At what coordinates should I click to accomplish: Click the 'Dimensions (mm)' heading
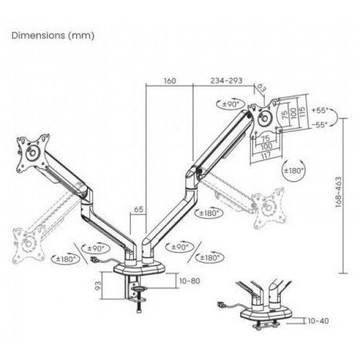(x=53, y=35)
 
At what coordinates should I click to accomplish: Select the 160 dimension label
(x=170, y=81)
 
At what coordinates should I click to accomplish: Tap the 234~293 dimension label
(x=226, y=80)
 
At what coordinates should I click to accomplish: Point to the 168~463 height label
(x=338, y=192)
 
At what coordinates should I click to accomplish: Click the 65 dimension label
(x=139, y=209)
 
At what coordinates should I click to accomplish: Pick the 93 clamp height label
(x=98, y=286)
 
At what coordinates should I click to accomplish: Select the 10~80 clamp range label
(x=190, y=281)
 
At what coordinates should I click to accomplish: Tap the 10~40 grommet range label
(x=318, y=321)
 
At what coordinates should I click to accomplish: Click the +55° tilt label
(x=319, y=110)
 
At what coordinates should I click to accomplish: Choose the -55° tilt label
(x=319, y=125)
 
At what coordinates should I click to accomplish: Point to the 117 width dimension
(x=266, y=155)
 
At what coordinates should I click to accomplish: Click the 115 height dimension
(x=302, y=112)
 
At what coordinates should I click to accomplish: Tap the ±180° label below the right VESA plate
(x=294, y=170)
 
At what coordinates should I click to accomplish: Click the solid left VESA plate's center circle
(x=32, y=152)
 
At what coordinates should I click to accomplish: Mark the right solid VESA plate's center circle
(x=264, y=118)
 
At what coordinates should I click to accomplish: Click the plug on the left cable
(x=94, y=260)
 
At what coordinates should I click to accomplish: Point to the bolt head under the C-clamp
(x=139, y=311)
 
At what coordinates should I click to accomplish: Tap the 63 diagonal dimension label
(x=261, y=88)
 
